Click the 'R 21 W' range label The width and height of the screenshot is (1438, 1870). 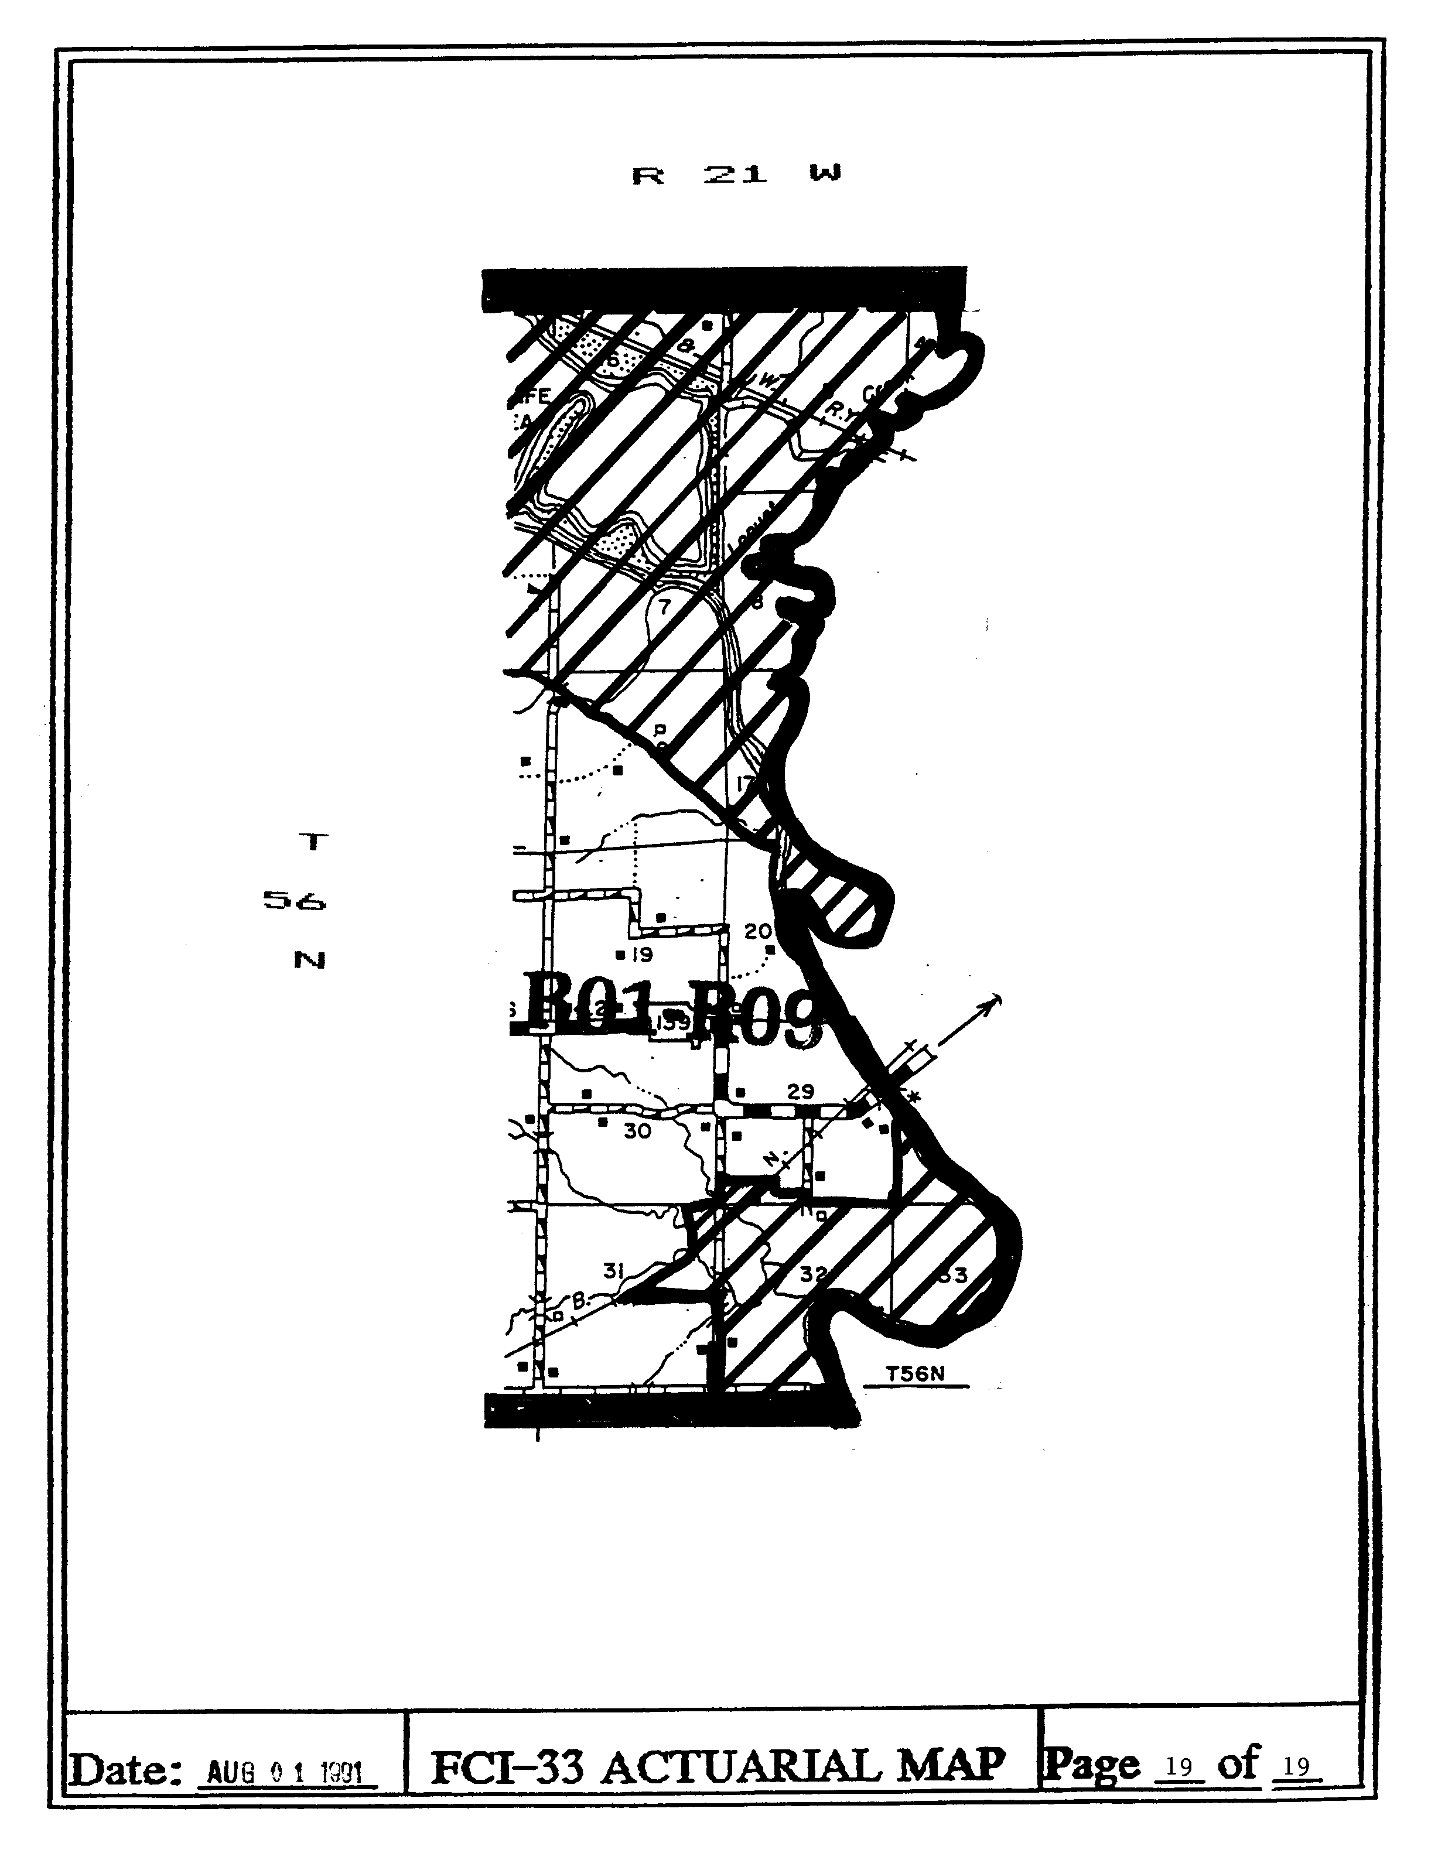point(736,175)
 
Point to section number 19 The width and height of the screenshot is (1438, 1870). point(642,954)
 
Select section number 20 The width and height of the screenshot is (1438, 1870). point(757,931)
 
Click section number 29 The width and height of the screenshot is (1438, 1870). point(800,1091)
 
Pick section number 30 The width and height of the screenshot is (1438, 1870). point(637,1131)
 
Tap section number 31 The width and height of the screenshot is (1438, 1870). point(613,1271)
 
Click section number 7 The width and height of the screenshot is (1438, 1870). point(664,608)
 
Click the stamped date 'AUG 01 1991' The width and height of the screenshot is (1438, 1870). point(287,1772)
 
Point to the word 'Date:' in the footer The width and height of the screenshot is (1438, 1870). point(128,1769)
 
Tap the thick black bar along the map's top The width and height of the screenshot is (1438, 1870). point(723,289)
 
